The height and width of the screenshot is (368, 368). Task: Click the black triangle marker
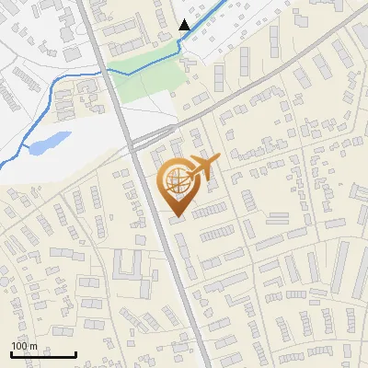point(185,25)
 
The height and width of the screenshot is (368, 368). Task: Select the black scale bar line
point(43,354)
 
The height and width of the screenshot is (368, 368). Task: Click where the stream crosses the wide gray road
point(102,68)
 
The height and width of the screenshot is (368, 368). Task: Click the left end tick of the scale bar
point(12,352)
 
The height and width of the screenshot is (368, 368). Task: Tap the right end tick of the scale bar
point(75,352)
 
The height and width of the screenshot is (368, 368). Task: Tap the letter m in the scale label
point(33,346)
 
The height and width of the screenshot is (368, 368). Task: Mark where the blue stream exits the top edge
point(223,1)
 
